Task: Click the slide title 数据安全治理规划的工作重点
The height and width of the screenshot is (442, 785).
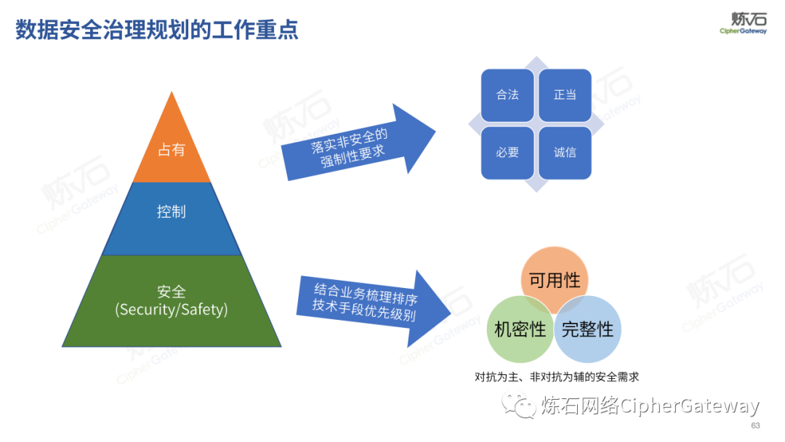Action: pos(157,31)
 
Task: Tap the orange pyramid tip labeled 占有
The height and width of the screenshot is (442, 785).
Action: pos(172,150)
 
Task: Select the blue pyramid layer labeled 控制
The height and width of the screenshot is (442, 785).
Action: pos(172,212)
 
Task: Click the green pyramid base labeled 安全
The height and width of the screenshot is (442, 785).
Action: pos(172,291)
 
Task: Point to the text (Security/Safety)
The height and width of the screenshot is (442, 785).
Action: pos(172,310)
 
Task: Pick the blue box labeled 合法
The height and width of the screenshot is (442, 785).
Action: pos(507,95)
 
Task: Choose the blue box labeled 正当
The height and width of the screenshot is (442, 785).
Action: pos(565,95)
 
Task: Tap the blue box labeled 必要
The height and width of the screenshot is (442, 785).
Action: pos(507,153)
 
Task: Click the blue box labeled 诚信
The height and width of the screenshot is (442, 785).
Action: pos(565,153)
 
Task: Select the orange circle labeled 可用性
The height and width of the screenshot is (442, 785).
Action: pos(555,279)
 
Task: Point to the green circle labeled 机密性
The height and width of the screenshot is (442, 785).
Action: pos(519,329)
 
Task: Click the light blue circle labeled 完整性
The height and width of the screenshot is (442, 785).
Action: pos(588,329)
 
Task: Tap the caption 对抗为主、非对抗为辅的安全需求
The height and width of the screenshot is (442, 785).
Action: pos(556,377)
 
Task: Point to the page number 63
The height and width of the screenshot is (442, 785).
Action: pos(755,425)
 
